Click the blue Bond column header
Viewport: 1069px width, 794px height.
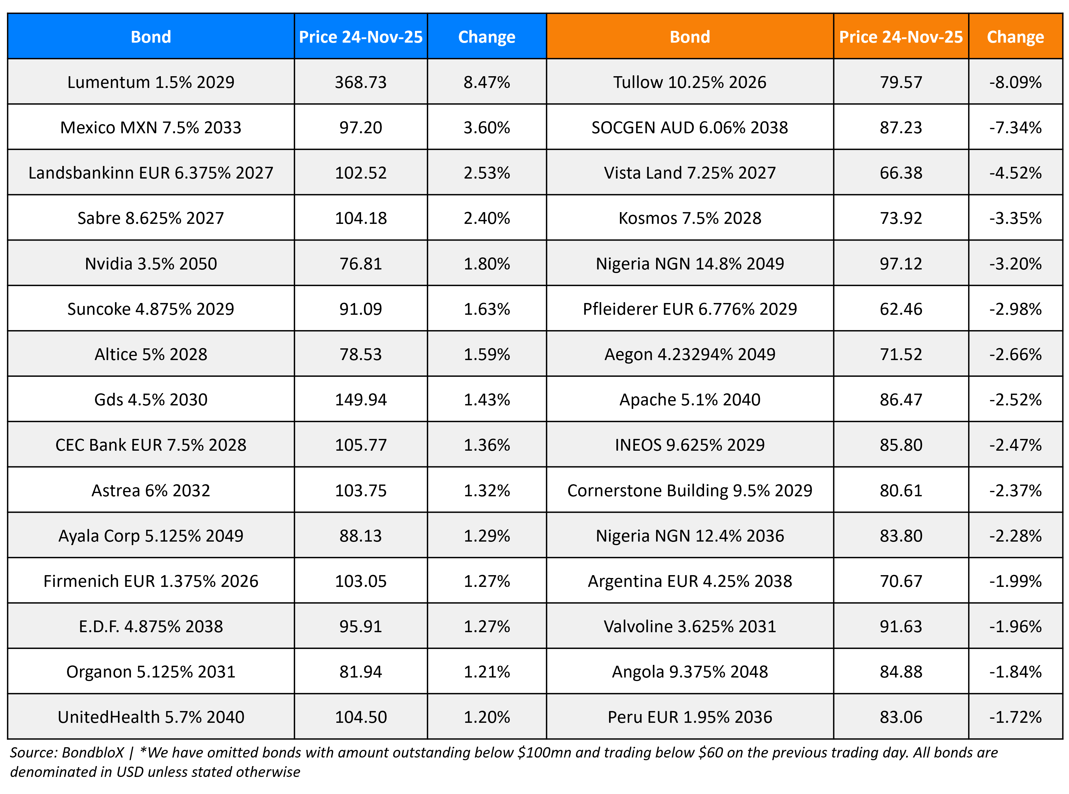[151, 37]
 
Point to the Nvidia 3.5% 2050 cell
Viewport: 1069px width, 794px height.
[151, 263]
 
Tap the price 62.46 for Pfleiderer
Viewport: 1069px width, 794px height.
[900, 309]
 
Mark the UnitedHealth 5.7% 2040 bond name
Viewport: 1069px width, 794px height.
[151, 717]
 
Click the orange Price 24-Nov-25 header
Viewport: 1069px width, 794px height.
[900, 37]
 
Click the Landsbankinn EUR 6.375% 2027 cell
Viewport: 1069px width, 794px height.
[151, 173]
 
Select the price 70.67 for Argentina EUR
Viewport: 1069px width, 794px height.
[900, 581]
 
